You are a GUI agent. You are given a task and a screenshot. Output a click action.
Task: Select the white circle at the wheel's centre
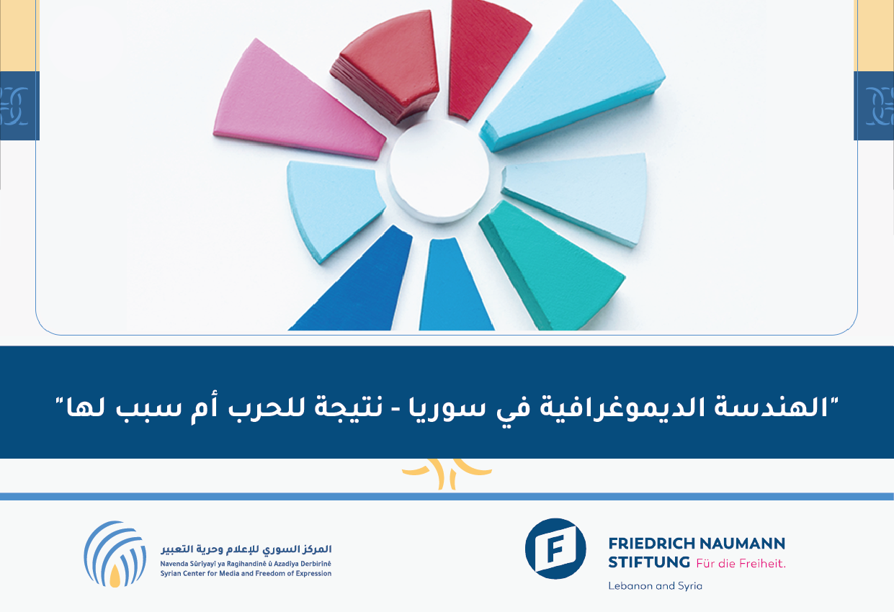(x=439, y=171)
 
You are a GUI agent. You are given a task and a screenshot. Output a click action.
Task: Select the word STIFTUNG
(x=649, y=562)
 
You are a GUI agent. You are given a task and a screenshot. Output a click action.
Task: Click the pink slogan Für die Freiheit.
(x=741, y=563)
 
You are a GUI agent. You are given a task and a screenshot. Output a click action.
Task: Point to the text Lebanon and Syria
(x=655, y=585)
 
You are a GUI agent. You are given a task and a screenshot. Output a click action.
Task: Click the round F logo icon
(x=555, y=549)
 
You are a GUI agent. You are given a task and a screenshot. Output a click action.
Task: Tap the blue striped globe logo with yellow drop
(x=115, y=554)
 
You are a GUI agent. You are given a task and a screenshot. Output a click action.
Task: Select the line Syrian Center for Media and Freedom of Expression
(x=246, y=573)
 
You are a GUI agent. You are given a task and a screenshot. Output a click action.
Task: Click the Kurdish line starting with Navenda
(x=246, y=564)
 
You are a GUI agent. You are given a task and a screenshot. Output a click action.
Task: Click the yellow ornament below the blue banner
(x=447, y=474)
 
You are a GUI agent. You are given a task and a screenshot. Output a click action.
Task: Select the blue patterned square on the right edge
(x=874, y=106)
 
